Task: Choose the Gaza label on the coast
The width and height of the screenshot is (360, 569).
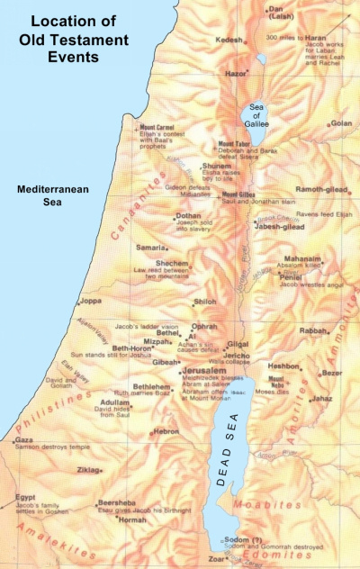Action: pyautogui.click(x=24, y=440)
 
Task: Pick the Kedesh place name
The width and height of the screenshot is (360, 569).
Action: pyautogui.click(x=229, y=41)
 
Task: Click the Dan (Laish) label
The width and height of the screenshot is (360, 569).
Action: pyautogui.click(x=280, y=14)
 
